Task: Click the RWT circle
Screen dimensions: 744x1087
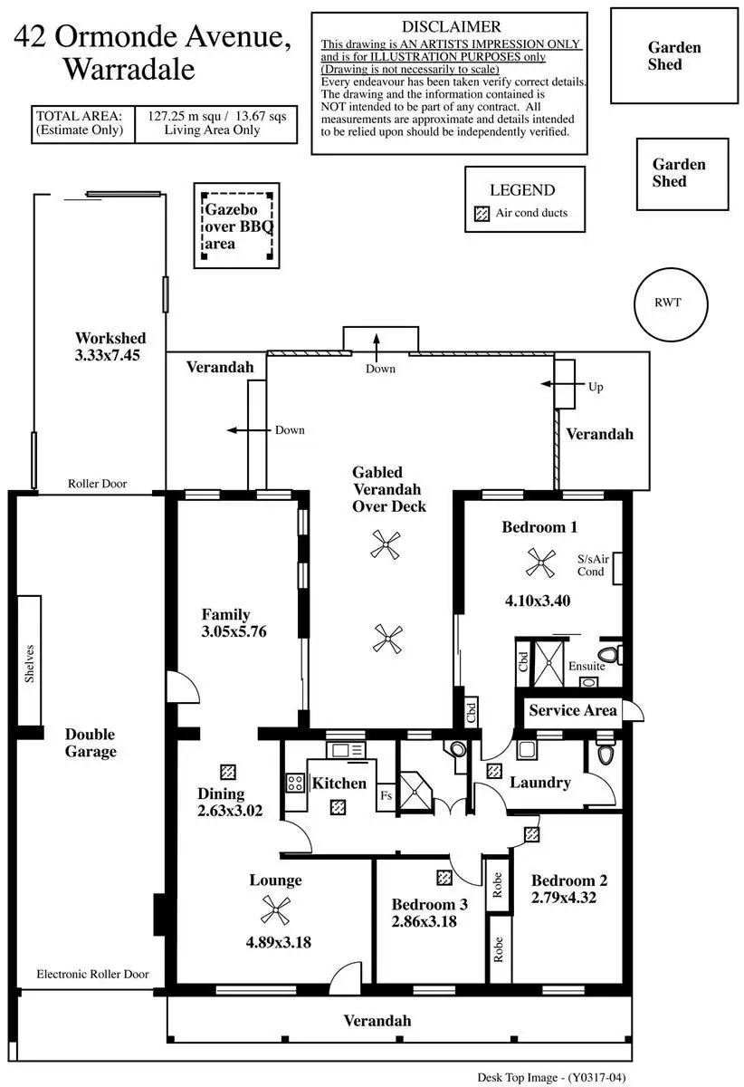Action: click(x=671, y=303)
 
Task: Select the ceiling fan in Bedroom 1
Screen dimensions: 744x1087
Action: click(x=543, y=565)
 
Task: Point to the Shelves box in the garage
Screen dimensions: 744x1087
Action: click(x=31, y=662)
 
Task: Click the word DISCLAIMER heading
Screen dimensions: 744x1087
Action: click(x=449, y=26)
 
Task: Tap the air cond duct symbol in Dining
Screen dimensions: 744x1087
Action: click(x=228, y=772)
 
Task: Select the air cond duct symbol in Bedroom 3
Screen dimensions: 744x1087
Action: click(x=444, y=877)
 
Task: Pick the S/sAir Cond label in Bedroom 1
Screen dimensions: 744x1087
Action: click(x=592, y=565)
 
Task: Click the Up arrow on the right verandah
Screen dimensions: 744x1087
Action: click(x=549, y=385)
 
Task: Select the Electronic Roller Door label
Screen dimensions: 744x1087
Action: click(x=93, y=975)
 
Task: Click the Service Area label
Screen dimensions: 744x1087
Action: click(x=573, y=710)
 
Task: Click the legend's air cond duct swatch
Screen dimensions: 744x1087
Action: click(x=482, y=214)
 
